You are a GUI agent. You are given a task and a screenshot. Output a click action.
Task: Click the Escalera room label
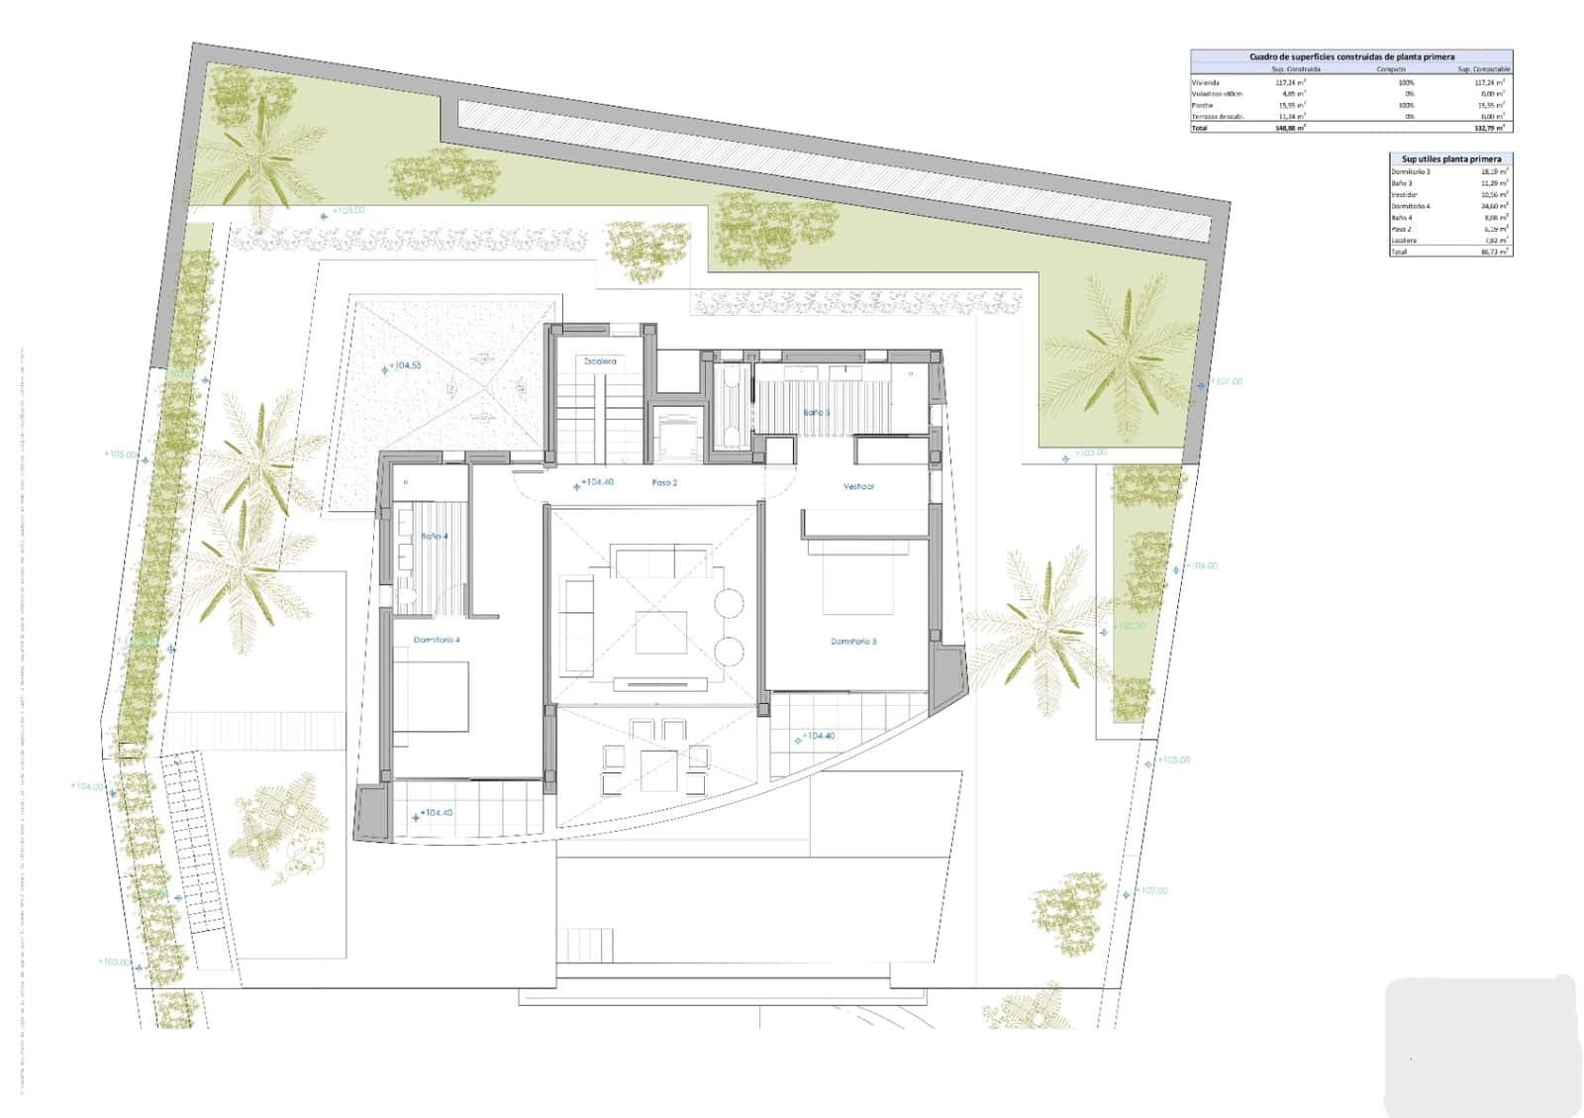[x=600, y=361]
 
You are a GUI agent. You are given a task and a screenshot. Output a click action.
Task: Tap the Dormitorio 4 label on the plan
[x=437, y=641]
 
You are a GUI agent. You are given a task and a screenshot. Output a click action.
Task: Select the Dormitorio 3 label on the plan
[x=853, y=642]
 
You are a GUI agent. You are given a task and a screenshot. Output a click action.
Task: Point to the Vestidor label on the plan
[x=858, y=486]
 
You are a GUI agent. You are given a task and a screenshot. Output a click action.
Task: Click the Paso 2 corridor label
[x=664, y=483]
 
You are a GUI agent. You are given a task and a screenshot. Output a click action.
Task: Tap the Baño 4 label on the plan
[x=435, y=536]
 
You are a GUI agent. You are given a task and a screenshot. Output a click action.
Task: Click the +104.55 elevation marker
[x=404, y=365]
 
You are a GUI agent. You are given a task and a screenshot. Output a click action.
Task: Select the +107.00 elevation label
[x=1226, y=381]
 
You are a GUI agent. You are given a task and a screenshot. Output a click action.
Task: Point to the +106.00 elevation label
[x=1201, y=566]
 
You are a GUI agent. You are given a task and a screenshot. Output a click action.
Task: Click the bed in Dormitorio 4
[x=431, y=697]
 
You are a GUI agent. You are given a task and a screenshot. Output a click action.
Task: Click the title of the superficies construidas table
[x=1351, y=57]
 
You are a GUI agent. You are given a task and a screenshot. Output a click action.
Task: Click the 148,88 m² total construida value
[x=1290, y=128]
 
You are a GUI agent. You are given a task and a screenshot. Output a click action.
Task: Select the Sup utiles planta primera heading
[x=1450, y=158]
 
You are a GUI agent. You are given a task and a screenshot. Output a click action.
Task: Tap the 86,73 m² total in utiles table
[x=1494, y=252]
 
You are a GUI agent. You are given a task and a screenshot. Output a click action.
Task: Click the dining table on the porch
[x=658, y=768]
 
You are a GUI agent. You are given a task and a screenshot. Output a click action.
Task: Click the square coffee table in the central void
[x=661, y=632]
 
